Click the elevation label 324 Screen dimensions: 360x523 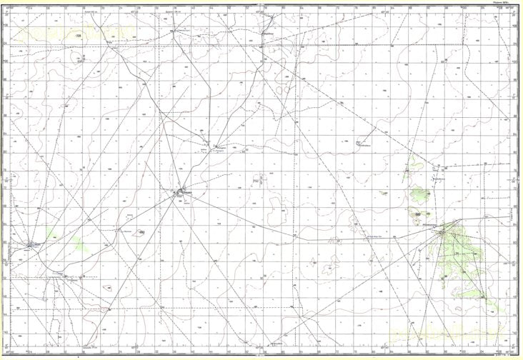pos(78,35)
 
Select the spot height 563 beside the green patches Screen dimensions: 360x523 pos(417,214)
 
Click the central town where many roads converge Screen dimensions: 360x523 pos(179,193)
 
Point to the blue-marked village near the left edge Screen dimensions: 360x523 pos(31,245)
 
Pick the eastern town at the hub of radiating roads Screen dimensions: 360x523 pos(444,231)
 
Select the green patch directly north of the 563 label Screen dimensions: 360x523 pos(416,194)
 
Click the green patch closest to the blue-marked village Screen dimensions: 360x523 pos(51,232)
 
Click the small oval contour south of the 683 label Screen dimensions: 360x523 pos(107,287)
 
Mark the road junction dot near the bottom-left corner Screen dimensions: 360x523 pos(109,309)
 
